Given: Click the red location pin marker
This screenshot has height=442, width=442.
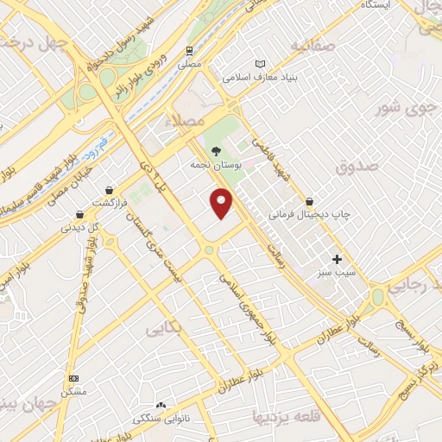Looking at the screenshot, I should pyautogui.click(x=222, y=203).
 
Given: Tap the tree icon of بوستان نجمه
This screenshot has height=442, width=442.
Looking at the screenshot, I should pyautogui.click(x=216, y=149).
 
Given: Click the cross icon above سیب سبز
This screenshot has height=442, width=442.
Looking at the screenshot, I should pyautogui.click(x=337, y=259).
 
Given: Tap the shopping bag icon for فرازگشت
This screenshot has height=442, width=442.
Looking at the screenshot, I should pyautogui.click(x=109, y=190).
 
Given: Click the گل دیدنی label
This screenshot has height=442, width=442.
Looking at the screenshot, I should pyautogui.click(x=79, y=229).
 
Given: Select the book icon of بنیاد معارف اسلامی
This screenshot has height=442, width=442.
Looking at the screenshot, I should pyautogui.click(x=261, y=63).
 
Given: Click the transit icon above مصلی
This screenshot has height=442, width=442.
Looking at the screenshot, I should pyautogui.click(x=189, y=51).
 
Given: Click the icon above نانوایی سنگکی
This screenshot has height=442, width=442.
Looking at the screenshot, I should pyautogui.click(x=160, y=404).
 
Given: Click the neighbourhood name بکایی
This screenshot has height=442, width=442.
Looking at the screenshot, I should pyautogui.click(x=162, y=329).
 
